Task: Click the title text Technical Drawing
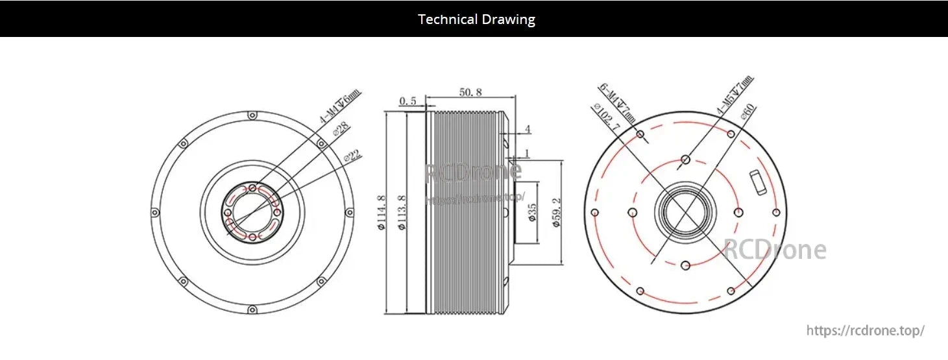coord(476,19)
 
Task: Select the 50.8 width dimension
coord(470,92)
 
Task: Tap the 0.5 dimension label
coord(407,101)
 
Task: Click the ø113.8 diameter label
coord(402,212)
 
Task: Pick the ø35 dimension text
coord(532,213)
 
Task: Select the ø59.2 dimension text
coord(555,213)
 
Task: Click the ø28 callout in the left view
coord(340,130)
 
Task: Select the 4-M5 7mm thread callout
coord(735,96)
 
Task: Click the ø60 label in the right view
coord(749,114)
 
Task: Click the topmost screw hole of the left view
coord(252,115)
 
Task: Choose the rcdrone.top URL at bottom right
coord(865,330)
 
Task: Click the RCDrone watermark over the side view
coord(472,171)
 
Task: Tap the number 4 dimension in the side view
coord(528,130)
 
